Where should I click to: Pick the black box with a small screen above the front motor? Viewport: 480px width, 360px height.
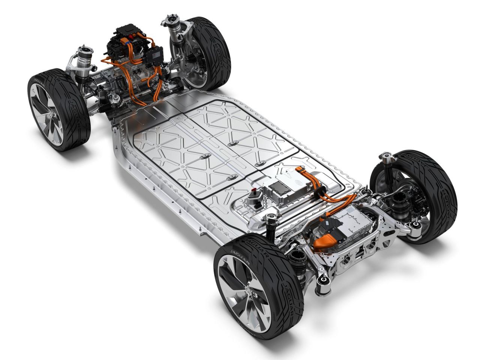coord(155,56)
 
